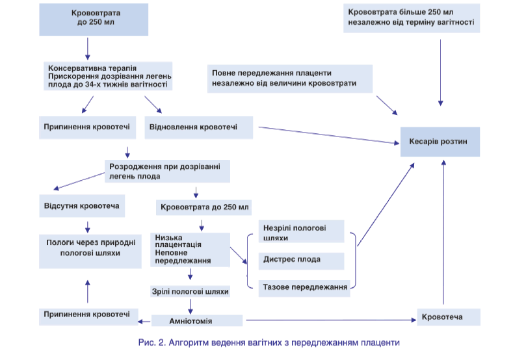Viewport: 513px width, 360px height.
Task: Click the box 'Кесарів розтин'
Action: [439, 142]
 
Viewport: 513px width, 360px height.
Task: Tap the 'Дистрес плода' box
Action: [301, 260]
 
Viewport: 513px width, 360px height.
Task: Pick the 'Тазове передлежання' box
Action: [304, 286]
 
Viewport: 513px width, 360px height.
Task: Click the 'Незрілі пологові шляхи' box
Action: [301, 233]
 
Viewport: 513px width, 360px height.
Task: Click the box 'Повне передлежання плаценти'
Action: [291, 77]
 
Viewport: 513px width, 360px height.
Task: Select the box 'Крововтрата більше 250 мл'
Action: [411, 18]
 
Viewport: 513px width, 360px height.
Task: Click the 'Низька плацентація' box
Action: [191, 249]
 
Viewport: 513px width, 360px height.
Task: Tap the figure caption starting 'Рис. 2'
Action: [259, 342]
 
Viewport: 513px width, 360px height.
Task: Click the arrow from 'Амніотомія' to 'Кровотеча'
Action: [328, 320]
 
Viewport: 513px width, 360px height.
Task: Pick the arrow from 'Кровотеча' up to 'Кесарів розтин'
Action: [443, 234]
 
